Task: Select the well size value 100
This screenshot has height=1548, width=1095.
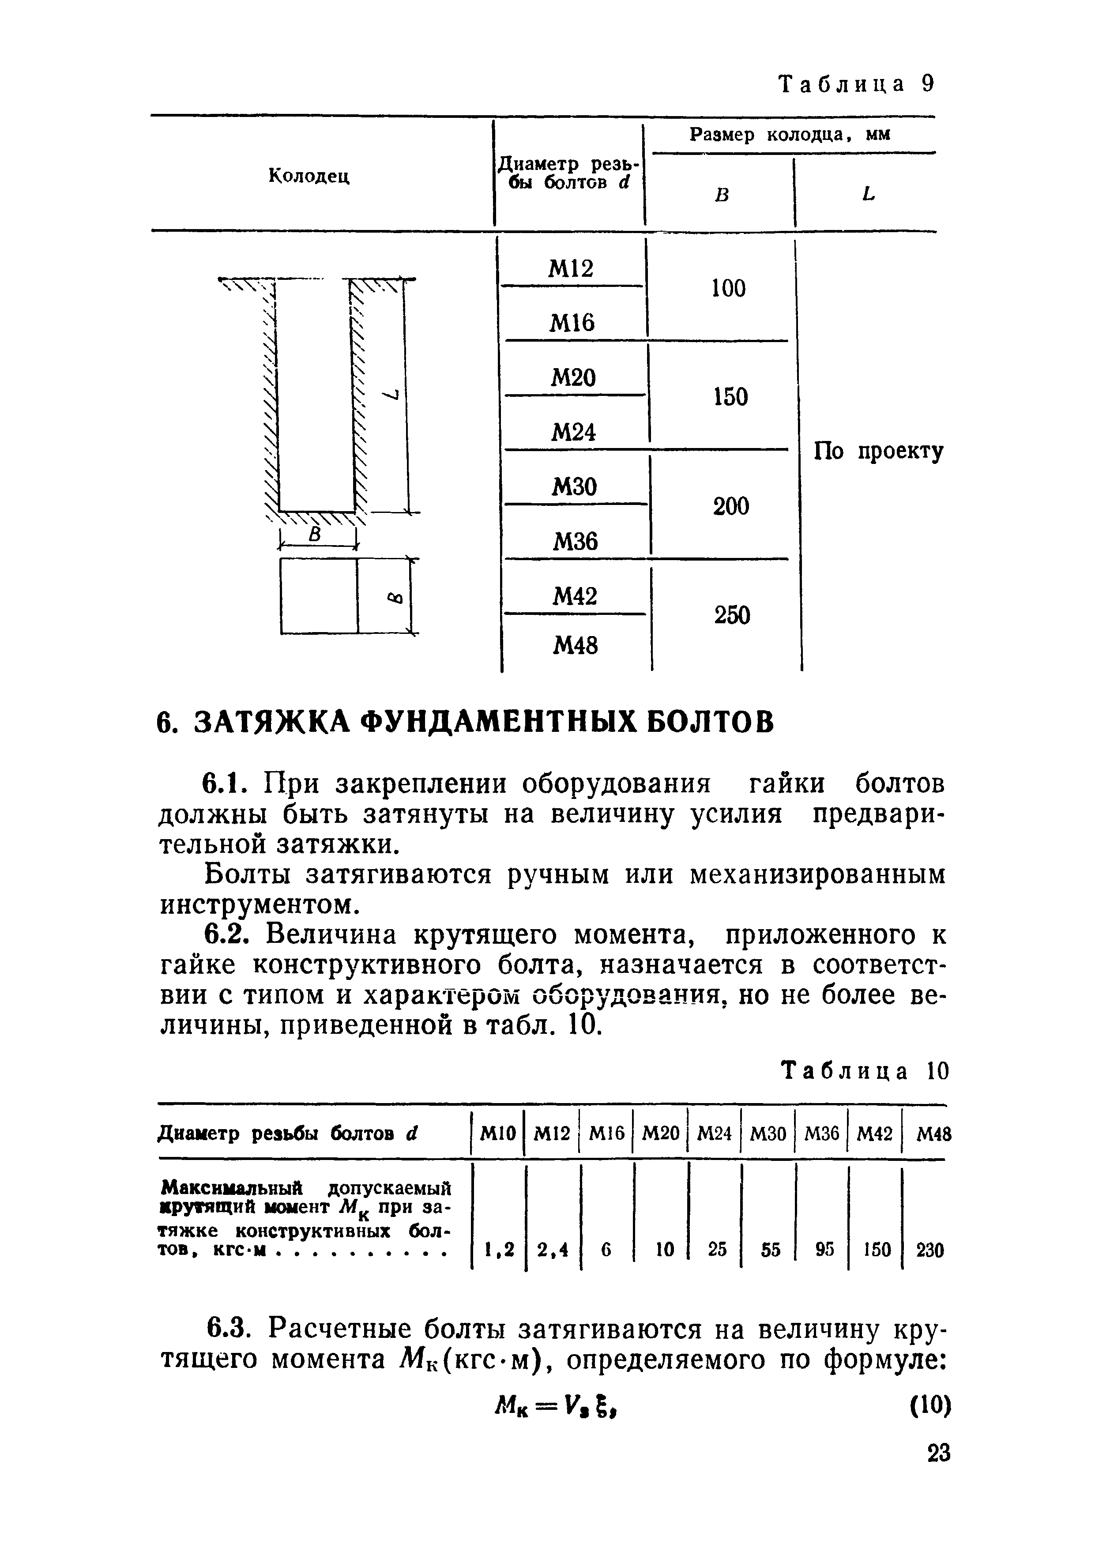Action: point(728,289)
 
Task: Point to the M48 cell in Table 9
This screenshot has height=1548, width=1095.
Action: point(575,647)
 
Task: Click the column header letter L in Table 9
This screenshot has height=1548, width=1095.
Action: point(868,194)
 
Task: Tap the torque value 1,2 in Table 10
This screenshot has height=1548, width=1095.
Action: point(499,1250)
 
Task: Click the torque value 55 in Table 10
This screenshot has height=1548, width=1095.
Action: point(770,1250)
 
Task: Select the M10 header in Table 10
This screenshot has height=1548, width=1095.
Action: point(497,1135)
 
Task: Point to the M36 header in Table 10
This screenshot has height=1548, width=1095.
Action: point(822,1135)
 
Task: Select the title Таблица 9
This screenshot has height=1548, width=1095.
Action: point(856,84)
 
